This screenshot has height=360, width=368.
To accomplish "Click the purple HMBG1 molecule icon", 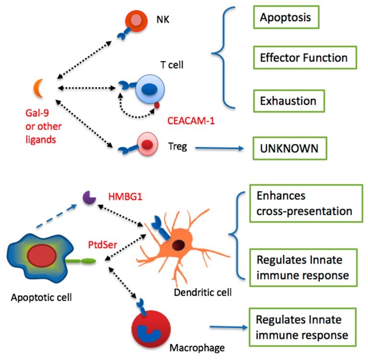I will pyautogui.click(x=88, y=197).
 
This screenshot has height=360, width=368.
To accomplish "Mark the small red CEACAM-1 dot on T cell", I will pyautogui.click(x=157, y=105).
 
